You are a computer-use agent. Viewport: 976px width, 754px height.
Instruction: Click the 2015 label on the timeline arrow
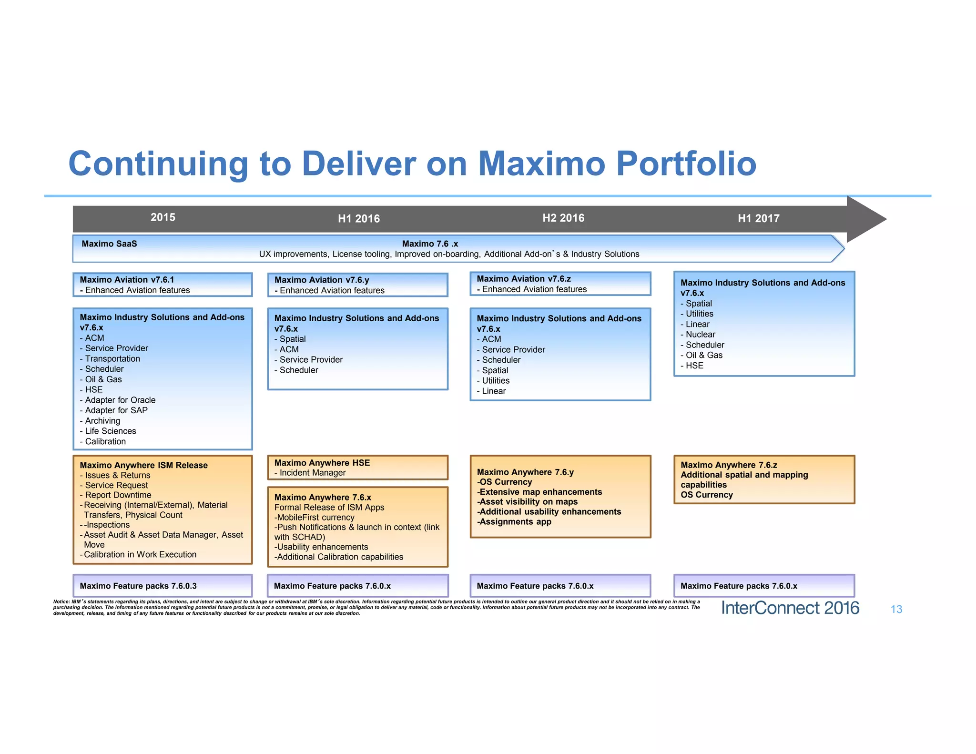(163, 217)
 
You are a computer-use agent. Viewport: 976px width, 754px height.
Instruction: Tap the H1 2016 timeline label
(359, 219)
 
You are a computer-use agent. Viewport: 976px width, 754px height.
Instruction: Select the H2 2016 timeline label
(563, 218)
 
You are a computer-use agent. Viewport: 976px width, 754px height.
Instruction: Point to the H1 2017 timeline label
(759, 218)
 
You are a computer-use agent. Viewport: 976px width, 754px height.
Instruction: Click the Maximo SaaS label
(109, 244)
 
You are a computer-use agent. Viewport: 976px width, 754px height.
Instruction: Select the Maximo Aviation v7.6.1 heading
(127, 280)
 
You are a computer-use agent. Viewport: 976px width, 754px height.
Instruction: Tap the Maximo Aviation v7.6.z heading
(524, 279)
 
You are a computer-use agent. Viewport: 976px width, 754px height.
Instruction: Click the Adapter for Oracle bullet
(120, 400)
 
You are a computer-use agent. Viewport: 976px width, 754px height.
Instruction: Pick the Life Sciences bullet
(111, 431)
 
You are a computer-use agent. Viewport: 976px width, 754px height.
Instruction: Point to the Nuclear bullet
(700, 335)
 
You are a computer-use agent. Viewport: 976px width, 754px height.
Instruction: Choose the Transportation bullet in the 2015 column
(112, 358)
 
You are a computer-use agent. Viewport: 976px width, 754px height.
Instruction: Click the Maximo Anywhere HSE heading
(322, 463)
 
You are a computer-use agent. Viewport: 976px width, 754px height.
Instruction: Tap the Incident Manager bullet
(313, 473)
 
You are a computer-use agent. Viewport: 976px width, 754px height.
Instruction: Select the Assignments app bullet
(515, 521)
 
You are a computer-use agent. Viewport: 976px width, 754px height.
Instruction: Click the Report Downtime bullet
(118, 495)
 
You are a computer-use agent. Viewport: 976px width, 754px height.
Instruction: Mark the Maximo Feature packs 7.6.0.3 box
(163, 586)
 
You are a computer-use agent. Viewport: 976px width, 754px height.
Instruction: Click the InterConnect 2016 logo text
(790, 608)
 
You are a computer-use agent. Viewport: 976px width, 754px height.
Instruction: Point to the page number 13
(896, 609)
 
